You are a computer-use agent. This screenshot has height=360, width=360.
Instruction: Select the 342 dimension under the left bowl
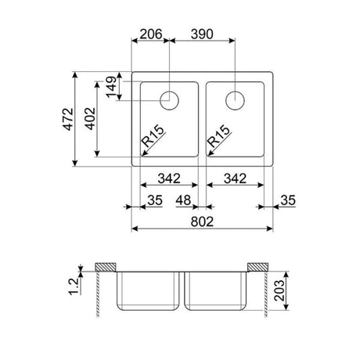169,178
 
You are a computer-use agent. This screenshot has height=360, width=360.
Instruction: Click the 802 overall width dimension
202,221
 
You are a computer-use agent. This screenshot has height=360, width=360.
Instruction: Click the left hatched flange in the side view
104,268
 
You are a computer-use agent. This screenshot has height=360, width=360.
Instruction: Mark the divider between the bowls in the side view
181,290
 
